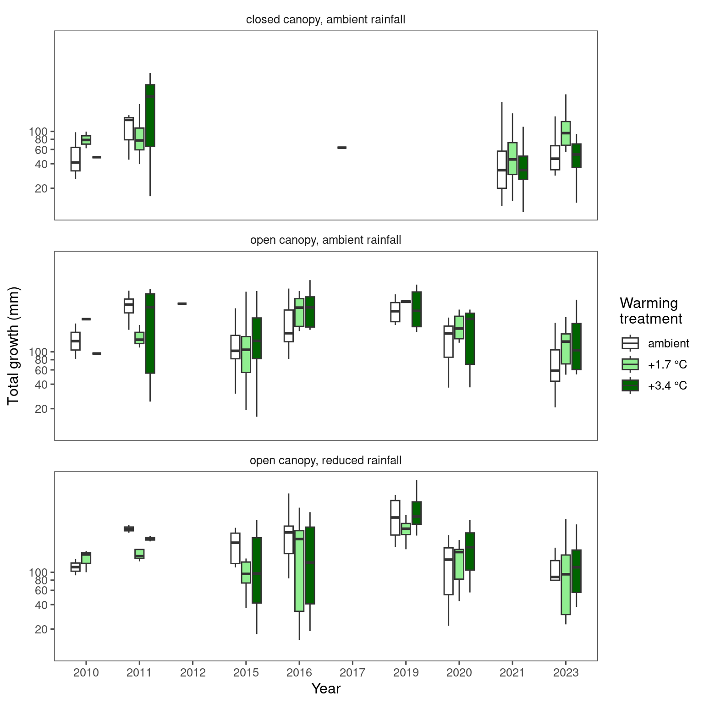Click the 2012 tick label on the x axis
tap(192, 673)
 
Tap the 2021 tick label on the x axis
tap(512, 673)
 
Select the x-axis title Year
tap(326, 688)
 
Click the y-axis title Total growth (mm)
tap(13, 346)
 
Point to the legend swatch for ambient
tap(630, 343)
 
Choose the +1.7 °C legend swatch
tap(630, 364)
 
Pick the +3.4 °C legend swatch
tap(630, 385)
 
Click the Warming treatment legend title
tap(651, 311)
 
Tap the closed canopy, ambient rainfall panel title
tap(326, 20)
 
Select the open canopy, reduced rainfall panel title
tap(326, 460)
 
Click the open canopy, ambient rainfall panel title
tap(326, 240)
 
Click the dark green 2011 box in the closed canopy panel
tap(150, 115)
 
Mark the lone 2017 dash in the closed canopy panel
tap(342, 148)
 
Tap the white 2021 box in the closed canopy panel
tap(502, 170)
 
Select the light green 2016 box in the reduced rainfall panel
tap(299, 571)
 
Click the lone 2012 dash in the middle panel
tap(182, 303)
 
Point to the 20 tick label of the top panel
tap(42, 188)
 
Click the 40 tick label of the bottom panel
tap(42, 605)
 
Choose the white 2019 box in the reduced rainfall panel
tap(395, 517)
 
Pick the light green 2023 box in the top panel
tap(566, 133)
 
